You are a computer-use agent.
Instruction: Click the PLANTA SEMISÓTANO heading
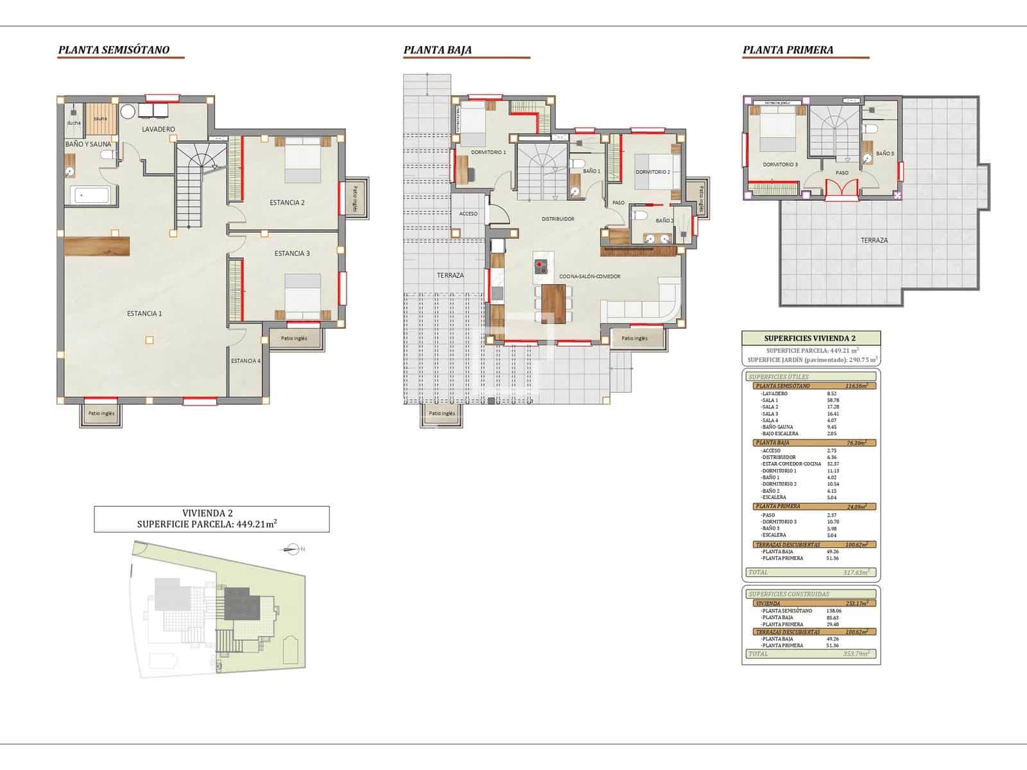[114, 50]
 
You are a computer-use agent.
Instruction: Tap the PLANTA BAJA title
[438, 50]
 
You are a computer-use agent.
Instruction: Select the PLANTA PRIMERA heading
[788, 50]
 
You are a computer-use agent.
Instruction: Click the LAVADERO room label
[159, 130]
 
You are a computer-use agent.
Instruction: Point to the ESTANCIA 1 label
[144, 314]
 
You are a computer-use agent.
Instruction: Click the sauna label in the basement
[100, 119]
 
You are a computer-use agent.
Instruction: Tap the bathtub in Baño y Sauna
[90, 194]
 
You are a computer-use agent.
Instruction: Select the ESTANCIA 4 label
[246, 361]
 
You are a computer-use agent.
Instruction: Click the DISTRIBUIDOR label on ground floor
[558, 219]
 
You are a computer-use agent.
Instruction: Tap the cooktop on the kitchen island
[540, 266]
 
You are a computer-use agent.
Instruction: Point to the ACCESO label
[469, 214]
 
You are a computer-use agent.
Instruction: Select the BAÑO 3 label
[885, 154]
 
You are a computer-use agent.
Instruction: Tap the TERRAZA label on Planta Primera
[874, 241]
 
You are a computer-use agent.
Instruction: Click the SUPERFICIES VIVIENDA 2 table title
[810, 339]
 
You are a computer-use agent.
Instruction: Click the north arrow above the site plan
[293, 549]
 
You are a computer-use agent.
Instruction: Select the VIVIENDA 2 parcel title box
[211, 518]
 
